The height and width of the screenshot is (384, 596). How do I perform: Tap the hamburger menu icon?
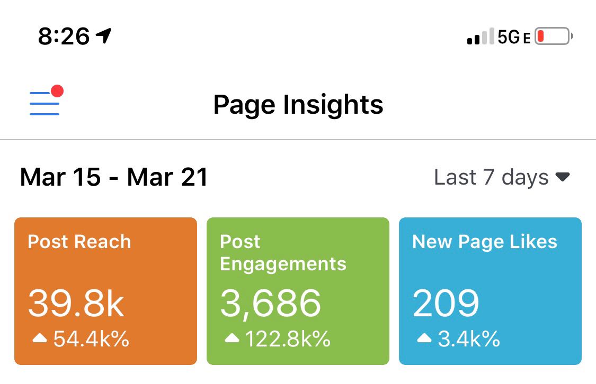(45, 103)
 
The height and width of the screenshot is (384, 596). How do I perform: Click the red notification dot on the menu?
(57, 91)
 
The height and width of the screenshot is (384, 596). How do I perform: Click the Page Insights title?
(298, 104)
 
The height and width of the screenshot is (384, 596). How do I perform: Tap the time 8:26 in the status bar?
(64, 36)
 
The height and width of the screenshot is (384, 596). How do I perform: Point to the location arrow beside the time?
(104, 36)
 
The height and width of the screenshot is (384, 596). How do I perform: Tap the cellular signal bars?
(481, 37)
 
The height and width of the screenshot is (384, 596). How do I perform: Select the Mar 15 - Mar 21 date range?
(114, 177)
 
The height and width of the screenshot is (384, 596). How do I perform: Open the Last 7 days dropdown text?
(491, 177)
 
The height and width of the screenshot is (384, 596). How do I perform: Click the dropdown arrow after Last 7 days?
(562, 177)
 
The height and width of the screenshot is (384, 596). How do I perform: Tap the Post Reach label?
(79, 242)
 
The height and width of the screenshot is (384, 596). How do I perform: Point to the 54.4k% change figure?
(91, 339)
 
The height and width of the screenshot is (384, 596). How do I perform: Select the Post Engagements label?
(283, 253)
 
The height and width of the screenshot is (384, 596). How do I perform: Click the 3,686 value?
(271, 304)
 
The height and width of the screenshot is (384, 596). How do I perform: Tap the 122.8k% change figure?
(288, 339)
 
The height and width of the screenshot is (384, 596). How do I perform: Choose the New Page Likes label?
(485, 242)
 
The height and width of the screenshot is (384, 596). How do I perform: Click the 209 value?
(446, 304)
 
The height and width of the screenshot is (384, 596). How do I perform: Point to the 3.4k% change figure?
(468, 339)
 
